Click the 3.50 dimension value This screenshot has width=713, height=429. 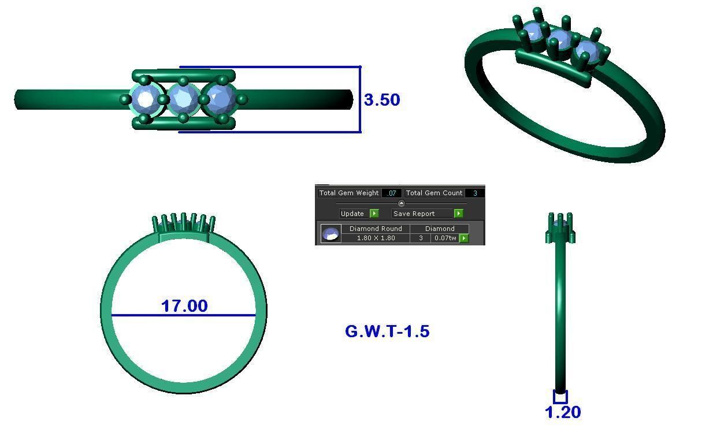point(382,99)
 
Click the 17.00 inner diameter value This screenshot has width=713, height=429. point(184,305)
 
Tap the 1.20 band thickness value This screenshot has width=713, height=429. point(563,412)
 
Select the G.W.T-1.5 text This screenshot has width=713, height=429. point(387,331)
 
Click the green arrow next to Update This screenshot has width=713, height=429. point(374,214)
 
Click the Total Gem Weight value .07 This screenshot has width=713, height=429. point(392,193)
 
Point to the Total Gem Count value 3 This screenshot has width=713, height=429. point(475,193)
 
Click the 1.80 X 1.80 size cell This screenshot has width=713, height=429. point(376,238)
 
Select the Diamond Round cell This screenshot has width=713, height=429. point(376,229)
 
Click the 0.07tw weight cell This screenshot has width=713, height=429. point(445,238)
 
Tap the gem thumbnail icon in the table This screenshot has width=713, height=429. point(330,234)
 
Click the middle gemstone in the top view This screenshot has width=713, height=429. point(184,99)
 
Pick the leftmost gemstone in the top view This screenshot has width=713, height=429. point(146,99)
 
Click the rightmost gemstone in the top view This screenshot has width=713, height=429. point(220,99)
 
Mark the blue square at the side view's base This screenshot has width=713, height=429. point(560,397)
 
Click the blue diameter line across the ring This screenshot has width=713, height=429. point(183,315)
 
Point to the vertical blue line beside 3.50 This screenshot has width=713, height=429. point(360,99)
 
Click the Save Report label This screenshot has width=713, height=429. point(414,214)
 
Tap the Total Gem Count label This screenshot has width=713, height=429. point(434,193)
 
